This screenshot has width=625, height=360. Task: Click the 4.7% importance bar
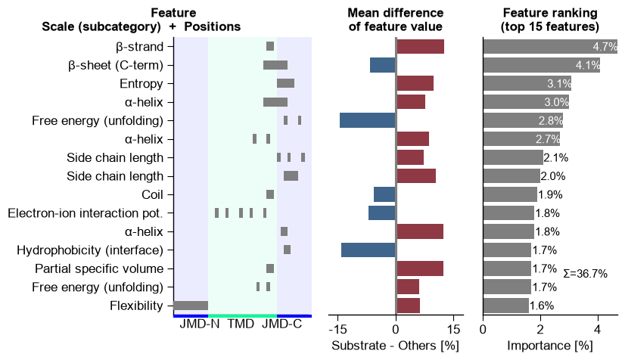tap(550, 47)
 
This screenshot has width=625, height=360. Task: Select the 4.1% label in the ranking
tap(587, 65)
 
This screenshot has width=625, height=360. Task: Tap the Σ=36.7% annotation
tap(585, 274)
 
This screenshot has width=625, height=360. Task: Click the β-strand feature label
tap(139, 47)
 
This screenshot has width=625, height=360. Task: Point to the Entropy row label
tap(141, 84)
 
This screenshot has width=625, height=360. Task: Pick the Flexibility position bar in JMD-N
tap(191, 306)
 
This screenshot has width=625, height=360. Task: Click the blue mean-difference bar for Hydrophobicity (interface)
tap(368, 250)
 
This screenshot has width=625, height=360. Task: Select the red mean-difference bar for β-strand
tap(420, 47)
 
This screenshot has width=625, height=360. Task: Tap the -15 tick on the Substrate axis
tap(337, 330)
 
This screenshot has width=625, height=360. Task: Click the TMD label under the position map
tap(241, 324)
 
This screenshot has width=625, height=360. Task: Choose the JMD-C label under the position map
tap(281, 324)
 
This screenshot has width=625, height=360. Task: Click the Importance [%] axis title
tap(550, 346)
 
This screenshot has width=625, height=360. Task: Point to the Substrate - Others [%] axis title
tap(396, 346)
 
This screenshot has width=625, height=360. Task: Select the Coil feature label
tap(152, 194)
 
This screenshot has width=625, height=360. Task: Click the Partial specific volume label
tap(99, 268)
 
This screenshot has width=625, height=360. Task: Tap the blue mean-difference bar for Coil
tap(384, 194)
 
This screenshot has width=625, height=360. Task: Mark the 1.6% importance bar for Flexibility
tap(506, 306)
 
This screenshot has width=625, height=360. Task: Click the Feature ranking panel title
tap(550, 20)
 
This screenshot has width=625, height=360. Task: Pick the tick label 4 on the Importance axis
tap(598, 330)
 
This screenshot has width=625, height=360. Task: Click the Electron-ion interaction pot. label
tap(86, 213)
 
